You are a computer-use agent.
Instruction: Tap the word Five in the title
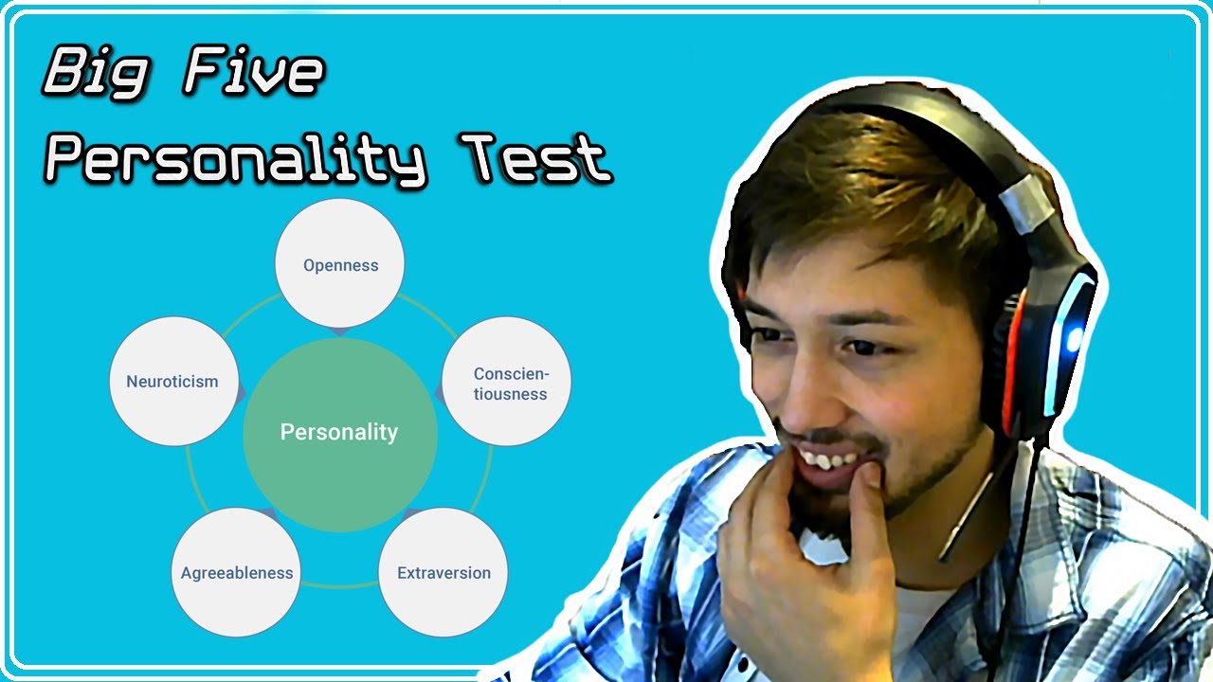253,74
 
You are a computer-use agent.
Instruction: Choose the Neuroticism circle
172,382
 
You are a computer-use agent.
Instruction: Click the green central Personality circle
339,433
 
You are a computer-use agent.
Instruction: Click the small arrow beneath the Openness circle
340,330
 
